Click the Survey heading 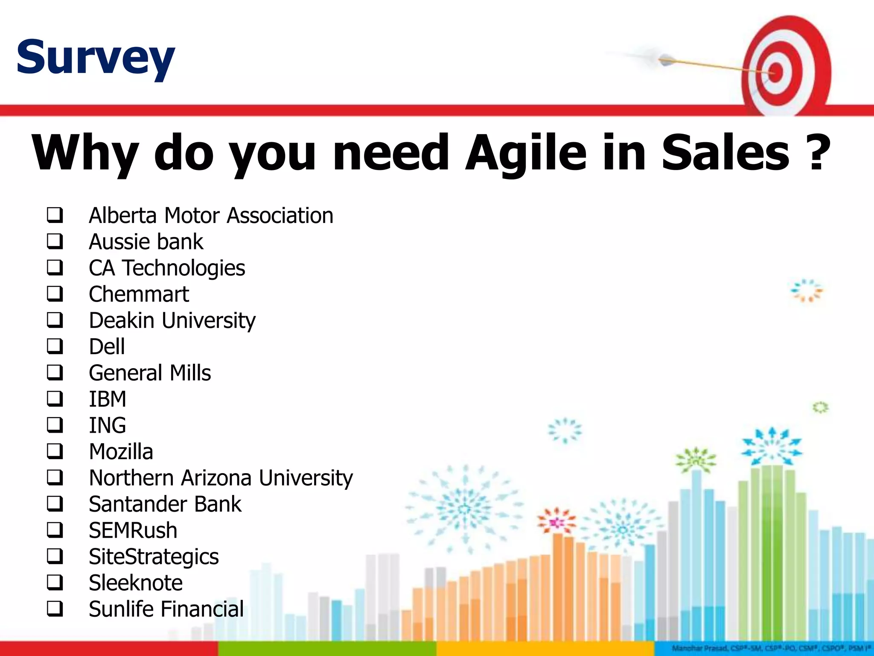click(x=96, y=57)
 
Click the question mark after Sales click(x=816, y=152)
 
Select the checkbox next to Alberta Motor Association click(x=55, y=215)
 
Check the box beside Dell click(x=55, y=346)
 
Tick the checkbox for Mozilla click(x=55, y=451)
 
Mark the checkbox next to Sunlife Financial click(x=55, y=609)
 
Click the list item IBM click(x=108, y=399)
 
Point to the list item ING click(x=108, y=425)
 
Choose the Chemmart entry click(x=139, y=294)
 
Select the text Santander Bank click(x=165, y=504)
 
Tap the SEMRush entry click(x=133, y=530)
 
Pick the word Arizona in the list click(x=216, y=477)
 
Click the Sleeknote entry click(x=136, y=583)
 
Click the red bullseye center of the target click(x=776, y=71)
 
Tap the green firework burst click(x=696, y=460)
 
